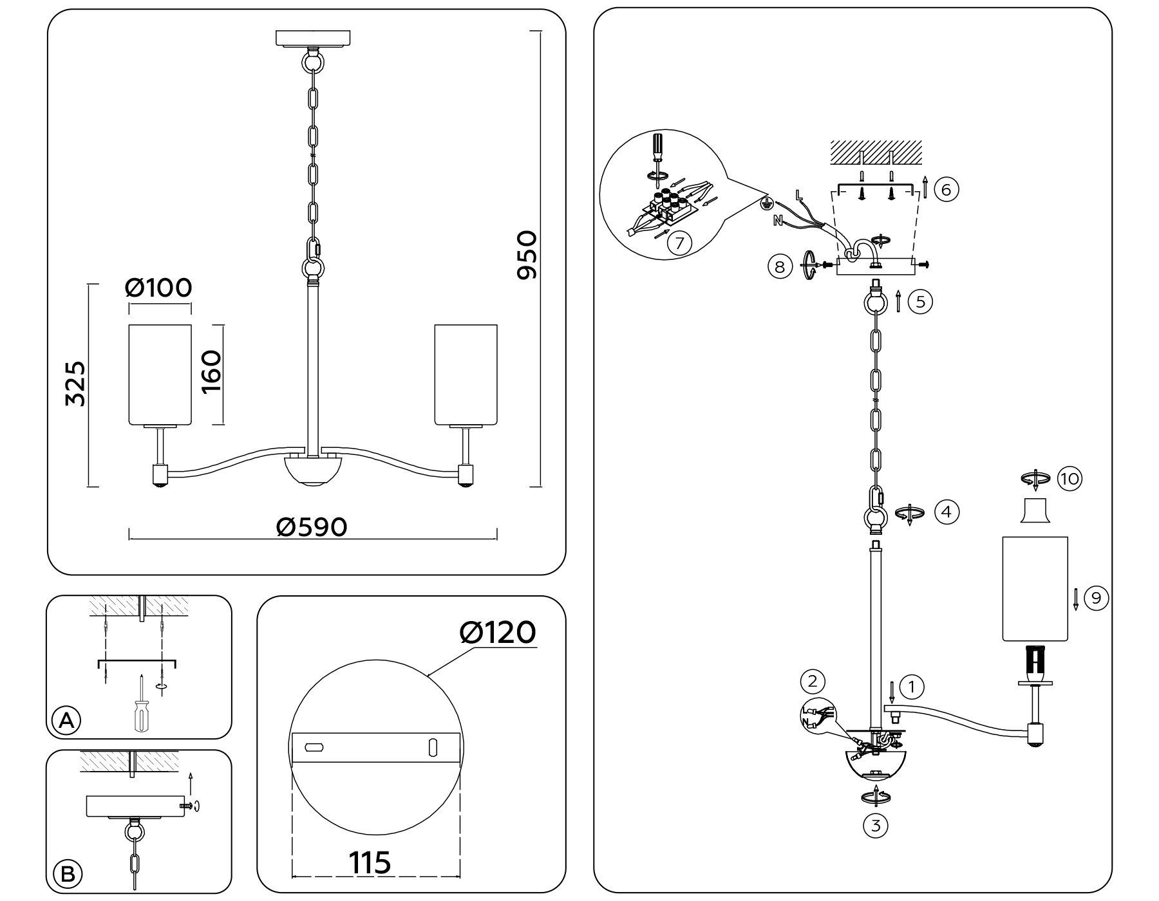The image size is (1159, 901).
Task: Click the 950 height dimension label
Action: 527,255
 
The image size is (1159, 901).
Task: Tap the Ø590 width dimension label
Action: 312,528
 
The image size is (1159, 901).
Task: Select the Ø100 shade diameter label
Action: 159,288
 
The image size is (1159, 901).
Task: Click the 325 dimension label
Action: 75,384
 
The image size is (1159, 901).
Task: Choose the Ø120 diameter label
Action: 498,633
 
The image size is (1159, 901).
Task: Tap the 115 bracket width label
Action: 370,863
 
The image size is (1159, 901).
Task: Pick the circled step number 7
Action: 679,243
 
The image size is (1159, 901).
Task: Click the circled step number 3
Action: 875,825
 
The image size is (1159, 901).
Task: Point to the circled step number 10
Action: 1069,479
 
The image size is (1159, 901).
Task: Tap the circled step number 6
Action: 946,190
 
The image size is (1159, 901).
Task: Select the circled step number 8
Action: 780,266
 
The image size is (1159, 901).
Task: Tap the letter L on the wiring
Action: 798,194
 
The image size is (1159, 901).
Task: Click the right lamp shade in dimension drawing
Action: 466,375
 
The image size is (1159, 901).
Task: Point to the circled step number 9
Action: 1096,599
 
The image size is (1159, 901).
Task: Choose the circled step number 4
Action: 946,512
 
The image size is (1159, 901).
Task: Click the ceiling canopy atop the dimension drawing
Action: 313,38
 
